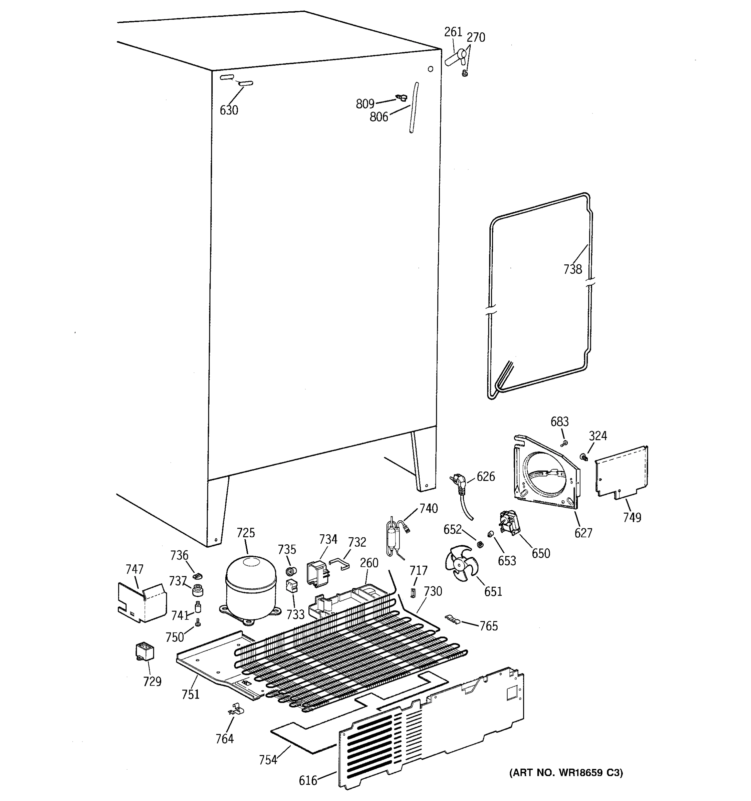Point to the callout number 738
[572, 269]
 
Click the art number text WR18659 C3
[566, 772]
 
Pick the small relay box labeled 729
[144, 651]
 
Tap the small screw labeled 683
[564, 443]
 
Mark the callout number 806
[379, 117]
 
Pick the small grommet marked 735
[291, 571]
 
